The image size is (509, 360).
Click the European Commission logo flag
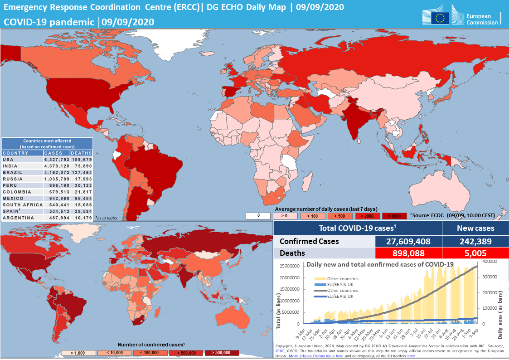coord(439,18)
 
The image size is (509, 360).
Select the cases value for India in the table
coord(57,166)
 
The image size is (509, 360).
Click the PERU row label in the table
coord(10,185)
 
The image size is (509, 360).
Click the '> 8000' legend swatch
coord(394,216)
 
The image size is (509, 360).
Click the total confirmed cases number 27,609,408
coord(408,241)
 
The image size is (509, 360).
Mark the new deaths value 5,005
coord(475,253)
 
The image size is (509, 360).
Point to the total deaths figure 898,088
coord(408,253)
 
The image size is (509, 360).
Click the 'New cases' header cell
coord(475,228)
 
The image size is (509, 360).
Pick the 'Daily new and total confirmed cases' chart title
coord(380,264)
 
